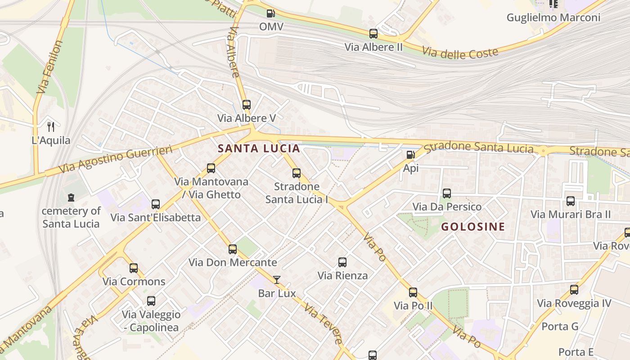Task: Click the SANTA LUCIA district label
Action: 259,148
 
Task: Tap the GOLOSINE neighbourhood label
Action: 473,227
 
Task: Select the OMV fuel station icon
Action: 270,14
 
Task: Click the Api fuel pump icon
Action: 410,155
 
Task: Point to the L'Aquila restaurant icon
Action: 51,127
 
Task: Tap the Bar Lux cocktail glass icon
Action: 277,280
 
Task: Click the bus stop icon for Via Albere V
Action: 246,105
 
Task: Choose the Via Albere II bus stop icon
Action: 373,34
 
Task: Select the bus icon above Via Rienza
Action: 342,262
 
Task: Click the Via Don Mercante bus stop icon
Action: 233,249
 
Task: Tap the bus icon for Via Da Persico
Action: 447,193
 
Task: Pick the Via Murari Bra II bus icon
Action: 571,201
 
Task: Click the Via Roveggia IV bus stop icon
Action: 574,290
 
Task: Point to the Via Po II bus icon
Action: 413,292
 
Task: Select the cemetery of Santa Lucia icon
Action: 71,198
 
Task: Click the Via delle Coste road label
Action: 460,52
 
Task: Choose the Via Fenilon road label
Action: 50,67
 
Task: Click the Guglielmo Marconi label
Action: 553,18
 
